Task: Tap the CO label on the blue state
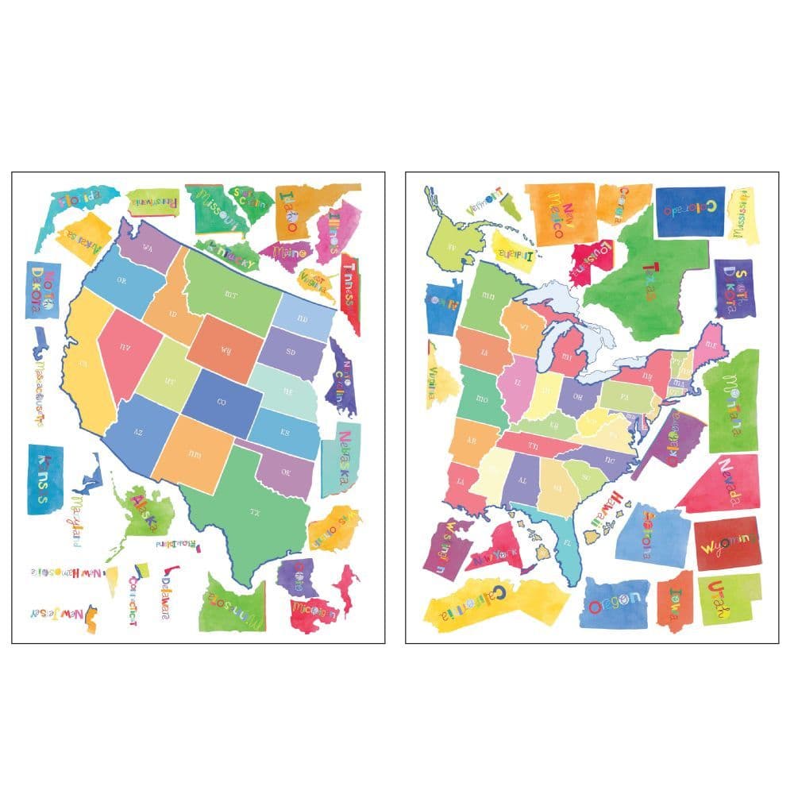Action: (x=222, y=403)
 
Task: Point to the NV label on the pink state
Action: (x=125, y=347)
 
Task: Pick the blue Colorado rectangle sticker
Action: (x=689, y=211)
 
